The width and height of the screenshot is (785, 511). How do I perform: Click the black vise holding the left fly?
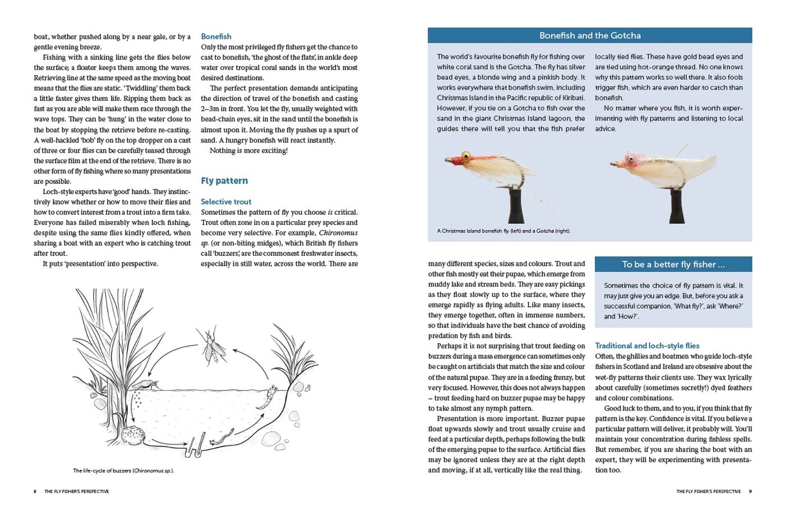tap(517, 204)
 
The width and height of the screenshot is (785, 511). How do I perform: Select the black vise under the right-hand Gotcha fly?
tap(677, 205)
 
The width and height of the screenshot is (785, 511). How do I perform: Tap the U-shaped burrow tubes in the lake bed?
tap(195, 446)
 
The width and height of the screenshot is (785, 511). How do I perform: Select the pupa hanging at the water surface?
tap(268, 398)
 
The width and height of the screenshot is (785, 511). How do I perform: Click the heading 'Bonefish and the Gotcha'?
tap(590, 35)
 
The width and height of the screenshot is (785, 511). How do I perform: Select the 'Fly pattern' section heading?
tap(224, 181)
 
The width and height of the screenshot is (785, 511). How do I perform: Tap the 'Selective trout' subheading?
tap(226, 201)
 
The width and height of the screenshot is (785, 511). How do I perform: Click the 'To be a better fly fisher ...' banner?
tap(673, 264)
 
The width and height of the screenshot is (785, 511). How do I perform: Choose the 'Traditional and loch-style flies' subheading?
tap(647, 346)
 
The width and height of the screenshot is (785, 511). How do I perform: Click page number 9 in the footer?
tap(750, 491)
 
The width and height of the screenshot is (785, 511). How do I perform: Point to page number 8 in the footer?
tap(35, 491)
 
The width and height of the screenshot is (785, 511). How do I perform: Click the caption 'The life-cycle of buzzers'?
tap(123, 471)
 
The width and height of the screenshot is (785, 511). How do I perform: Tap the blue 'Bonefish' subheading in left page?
tap(216, 36)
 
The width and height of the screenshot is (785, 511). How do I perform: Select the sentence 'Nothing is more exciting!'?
tap(248, 150)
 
